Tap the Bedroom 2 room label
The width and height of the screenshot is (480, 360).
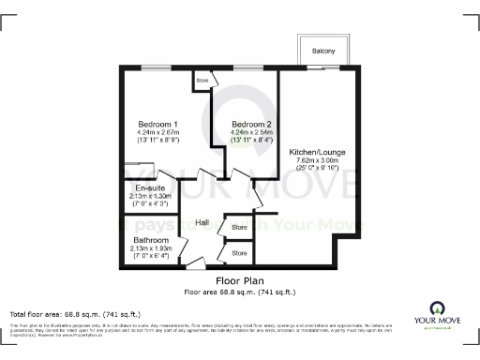(x=250, y=124)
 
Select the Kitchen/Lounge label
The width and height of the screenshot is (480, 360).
(x=318, y=151)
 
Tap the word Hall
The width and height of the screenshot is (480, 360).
(x=202, y=222)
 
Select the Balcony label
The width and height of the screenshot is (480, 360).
(x=324, y=51)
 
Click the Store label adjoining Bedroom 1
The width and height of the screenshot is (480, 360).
(x=202, y=81)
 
